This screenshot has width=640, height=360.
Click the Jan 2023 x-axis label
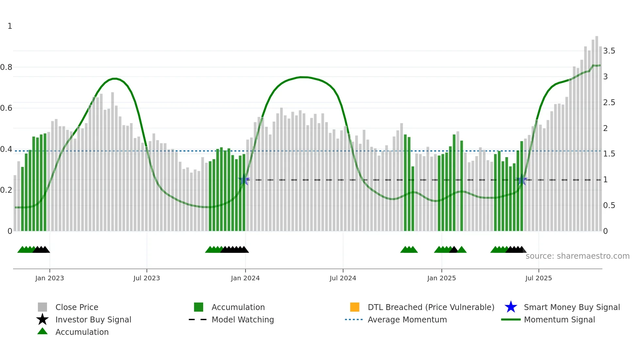point(50,278)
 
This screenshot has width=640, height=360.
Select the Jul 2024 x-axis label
point(343,278)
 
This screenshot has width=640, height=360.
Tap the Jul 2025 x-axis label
point(538,278)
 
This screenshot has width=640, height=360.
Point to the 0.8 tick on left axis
point(6,67)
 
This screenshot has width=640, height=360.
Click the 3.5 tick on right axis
point(609,51)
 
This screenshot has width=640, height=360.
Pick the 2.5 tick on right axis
point(609,103)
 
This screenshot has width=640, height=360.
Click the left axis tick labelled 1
point(10,26)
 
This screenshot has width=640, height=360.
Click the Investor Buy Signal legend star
point(42,319)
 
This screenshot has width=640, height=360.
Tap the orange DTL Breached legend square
point(355,307)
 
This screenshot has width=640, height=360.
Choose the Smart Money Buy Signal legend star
point(511,307)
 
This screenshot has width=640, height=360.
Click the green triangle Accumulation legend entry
point(42,332)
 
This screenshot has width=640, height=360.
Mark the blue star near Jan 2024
point(244,180)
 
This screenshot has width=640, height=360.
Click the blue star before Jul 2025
point(522,180)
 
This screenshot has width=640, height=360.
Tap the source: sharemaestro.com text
point(577,256)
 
